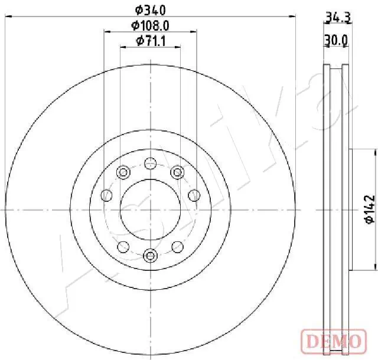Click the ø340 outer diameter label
[x=150, y=9]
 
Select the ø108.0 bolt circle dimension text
[x=150, y=25]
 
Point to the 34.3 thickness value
[x=338, y=18]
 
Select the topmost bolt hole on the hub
[x=150, y=163]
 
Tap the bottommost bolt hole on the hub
[x=150, y=255]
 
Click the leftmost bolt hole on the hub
[x=107, y=195]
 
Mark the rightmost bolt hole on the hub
[x=193, y=195]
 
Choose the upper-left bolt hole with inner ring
[x=123, y=172]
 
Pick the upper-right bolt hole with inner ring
[x=177, y=172]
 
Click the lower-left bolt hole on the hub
[x=123, y=246]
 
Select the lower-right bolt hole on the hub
[x=177, y=246]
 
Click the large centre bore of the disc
[x=150, y=209]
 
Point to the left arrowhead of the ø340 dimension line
[x=8, y=17]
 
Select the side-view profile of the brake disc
[x=335, y=209]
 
